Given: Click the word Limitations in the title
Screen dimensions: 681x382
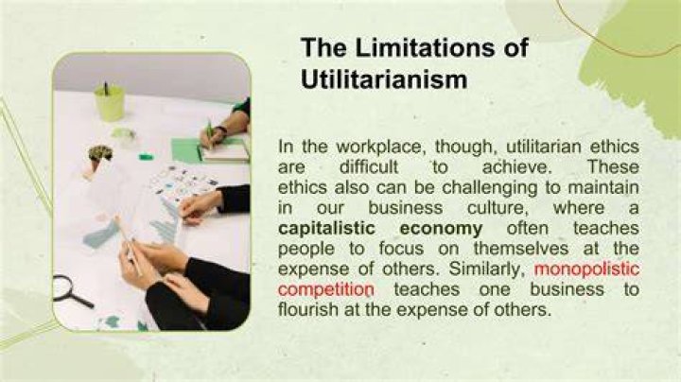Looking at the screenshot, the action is tap(425, 47).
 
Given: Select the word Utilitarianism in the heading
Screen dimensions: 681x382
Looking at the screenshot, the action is tap(384, 79).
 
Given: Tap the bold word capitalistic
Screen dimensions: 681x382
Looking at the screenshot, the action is tap(326, 228).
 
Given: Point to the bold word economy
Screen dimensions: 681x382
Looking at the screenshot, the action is tap(441, 229).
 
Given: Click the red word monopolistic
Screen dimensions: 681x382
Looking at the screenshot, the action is tap(586, 269).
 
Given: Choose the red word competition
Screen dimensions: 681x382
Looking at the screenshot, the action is tap(325, 289).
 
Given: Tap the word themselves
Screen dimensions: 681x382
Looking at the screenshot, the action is tap(521, 249).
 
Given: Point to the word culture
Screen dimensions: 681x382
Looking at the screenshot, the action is tap(498, 208).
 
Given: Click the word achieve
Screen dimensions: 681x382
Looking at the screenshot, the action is tap(516, 167).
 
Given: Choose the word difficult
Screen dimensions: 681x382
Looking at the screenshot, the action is tap(369, 167).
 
